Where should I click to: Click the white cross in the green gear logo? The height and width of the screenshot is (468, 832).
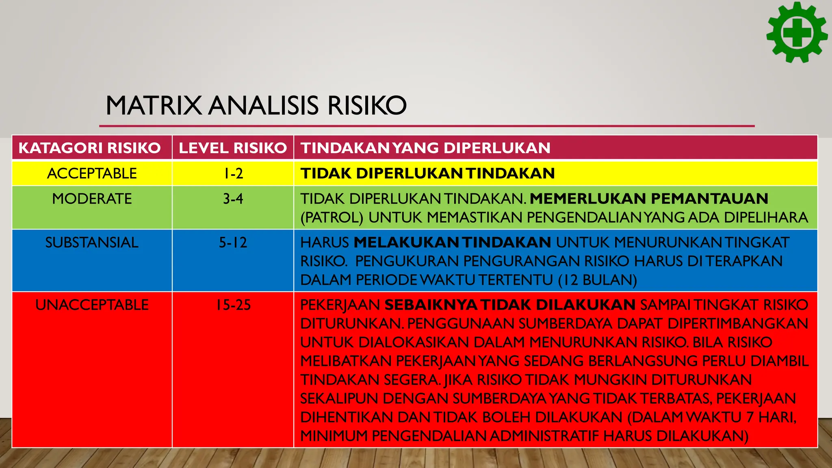(797, 33)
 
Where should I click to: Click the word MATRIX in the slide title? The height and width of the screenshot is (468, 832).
(154, 106)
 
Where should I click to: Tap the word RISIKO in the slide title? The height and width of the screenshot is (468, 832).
(367, 106)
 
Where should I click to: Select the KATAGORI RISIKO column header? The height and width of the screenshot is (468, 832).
(90, 148)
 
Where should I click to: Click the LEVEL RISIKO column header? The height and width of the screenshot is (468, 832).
(233, 148)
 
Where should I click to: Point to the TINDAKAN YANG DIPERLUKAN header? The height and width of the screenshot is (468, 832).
(425, 148)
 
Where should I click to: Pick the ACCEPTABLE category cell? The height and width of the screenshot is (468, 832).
(92, 173)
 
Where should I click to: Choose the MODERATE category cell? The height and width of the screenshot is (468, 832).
(92, 199)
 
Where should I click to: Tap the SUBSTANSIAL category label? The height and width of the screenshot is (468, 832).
(92, 243)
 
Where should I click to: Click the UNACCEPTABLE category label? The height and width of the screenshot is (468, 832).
(92, 305)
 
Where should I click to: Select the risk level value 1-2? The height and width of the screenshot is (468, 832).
(233, 173)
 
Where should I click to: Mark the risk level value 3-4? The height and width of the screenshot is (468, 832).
(233, 199)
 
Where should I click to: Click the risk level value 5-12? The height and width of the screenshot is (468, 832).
(233, 243)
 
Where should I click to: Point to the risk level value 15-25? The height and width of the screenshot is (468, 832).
(233, 305)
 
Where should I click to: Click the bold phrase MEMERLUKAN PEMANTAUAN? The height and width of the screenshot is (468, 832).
(649, 199)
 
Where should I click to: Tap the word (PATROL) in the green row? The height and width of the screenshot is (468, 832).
(331, 217)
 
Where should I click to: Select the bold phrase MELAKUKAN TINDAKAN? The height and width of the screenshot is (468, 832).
(452, 243)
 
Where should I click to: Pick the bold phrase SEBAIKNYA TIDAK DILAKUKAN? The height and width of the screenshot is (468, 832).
(510, 305)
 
